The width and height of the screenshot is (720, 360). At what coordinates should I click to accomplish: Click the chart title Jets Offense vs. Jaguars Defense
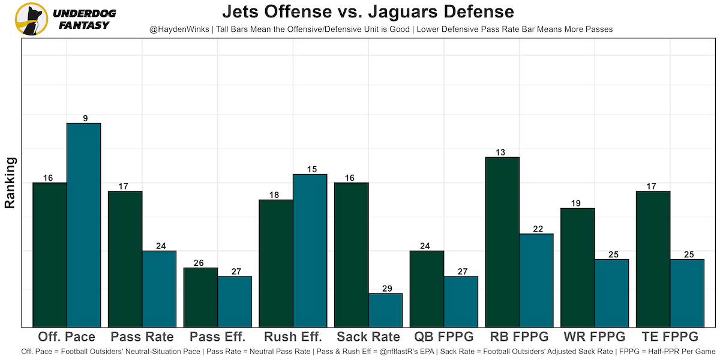(368, 12)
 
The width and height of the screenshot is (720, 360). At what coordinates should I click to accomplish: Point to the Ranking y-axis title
(10, 182)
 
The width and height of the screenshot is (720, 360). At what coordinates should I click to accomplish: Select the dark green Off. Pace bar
(49, 254)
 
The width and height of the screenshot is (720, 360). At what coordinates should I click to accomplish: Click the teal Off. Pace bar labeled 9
(83, 225)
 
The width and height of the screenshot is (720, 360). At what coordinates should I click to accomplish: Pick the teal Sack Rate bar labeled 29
(385, 310)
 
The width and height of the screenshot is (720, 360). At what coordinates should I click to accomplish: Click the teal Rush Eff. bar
(310, 250)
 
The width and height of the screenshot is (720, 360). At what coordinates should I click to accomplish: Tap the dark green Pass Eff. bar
(200, 297)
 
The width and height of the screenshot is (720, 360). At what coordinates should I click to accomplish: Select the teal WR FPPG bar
(611, 293)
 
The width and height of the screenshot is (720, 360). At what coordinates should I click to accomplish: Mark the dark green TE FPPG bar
(653, 259)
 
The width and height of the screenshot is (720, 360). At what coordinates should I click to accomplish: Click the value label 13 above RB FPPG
(502, 152)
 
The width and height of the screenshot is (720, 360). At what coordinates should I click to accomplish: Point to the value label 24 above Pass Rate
(159, 246)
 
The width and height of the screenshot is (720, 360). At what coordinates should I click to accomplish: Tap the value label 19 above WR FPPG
(577, 203)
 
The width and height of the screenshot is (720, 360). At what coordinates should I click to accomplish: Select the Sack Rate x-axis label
(368, 337)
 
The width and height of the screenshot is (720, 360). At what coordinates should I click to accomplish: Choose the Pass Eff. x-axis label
(217, 337)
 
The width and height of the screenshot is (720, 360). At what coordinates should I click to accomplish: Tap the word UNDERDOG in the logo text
(85, 13)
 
